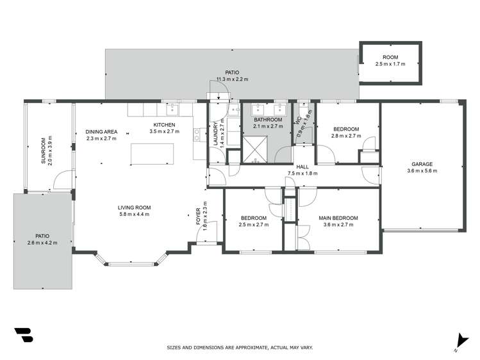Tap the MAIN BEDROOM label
pos(338,218)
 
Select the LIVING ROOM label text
pos(134,207)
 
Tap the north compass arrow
pos(458,341)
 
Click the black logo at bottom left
pos(23,336)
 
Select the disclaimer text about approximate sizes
pos(240,347)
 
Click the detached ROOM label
pos(390,57)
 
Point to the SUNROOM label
pos(44,151)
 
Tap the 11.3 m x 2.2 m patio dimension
pos(232,79)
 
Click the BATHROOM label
pos(268,120)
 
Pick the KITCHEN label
pos(164,124)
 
